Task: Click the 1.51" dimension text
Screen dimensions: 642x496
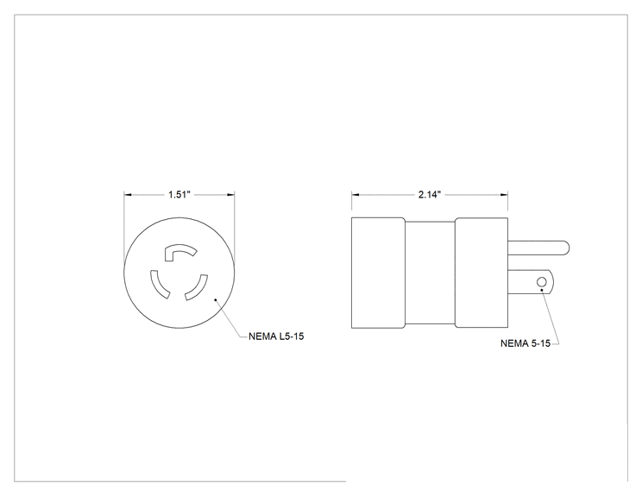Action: [179, 194]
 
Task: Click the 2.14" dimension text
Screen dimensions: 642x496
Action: [430, 194]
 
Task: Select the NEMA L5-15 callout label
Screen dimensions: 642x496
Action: [276, 336]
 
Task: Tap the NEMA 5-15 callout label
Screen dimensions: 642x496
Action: [526, 343]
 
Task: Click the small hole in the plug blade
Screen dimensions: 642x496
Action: [541, 282]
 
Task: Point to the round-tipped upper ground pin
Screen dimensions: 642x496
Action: [538, 248]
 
